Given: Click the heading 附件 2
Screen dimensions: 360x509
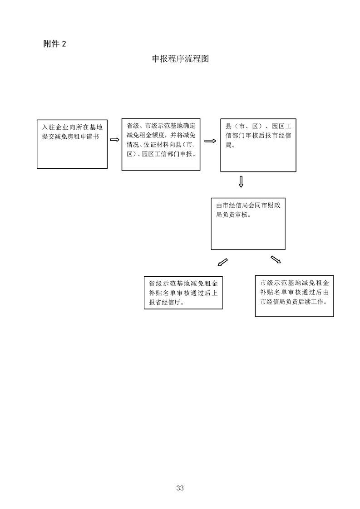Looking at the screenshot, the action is tap(54, 44).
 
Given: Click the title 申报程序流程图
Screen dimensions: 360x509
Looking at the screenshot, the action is tap(180, 59).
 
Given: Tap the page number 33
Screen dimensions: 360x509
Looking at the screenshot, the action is tap(180, 488).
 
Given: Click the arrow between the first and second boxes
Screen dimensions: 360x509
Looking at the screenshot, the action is tap(114, 140).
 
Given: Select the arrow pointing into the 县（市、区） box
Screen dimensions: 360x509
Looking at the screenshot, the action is tap(210, 141).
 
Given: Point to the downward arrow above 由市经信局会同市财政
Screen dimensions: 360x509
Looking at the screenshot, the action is tap(241, 182).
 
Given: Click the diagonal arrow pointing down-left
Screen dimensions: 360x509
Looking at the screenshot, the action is tap(222, 262).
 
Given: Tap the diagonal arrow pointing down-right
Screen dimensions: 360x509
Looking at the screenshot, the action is tap(276, 259).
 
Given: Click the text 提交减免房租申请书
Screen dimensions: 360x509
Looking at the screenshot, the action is tap(70, 137).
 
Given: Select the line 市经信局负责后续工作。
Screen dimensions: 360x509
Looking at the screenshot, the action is tap(294, 302).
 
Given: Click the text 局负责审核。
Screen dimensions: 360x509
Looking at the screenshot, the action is tap(234, 215).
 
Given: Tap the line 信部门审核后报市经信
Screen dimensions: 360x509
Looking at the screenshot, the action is tap(258, 136).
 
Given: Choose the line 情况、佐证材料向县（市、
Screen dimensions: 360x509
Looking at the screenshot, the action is tap(161, 144).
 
